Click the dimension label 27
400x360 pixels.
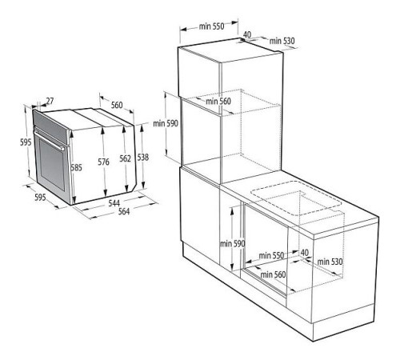pyautogui.click(x=50, y=102)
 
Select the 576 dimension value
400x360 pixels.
pyautogui.click(x=104, y=162)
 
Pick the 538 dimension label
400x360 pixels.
pyautogui.click(x=142, y=158)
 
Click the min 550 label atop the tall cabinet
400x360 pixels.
pyautogui.click(x=212, y=26)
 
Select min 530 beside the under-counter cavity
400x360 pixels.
pyautogui.click(x=330, y=261)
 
